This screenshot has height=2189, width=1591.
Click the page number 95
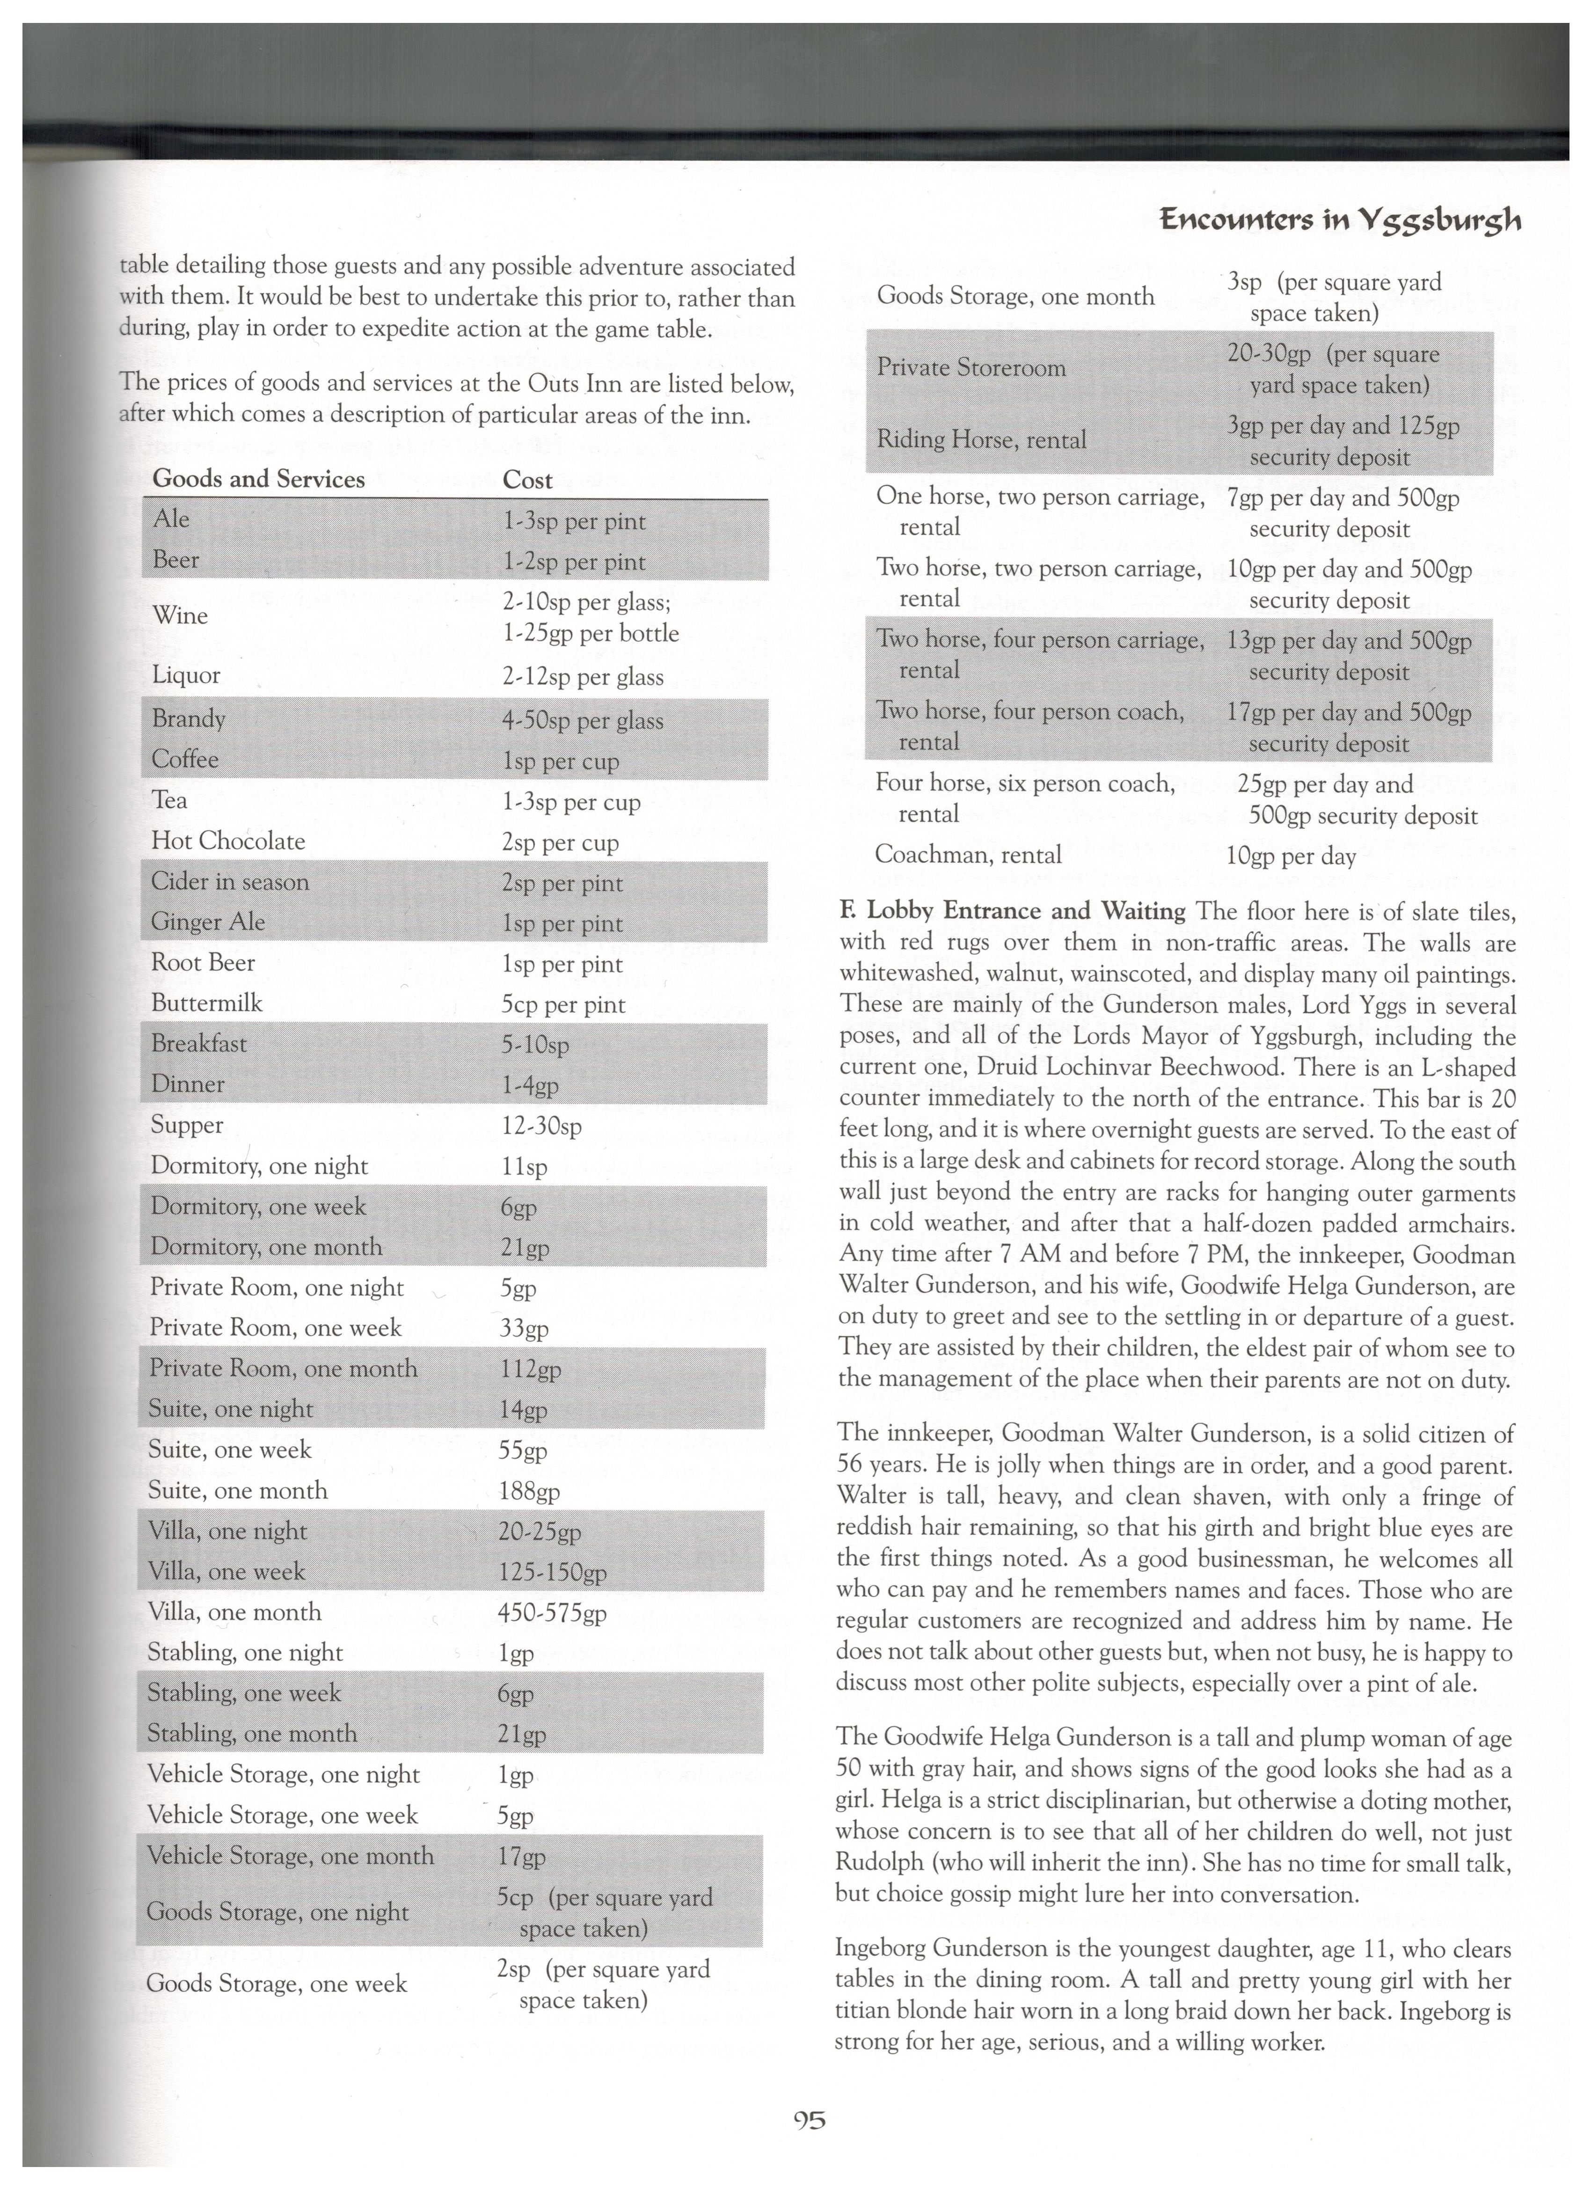point(809,2121)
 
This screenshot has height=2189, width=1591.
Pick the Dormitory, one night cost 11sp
point(524,1167)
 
